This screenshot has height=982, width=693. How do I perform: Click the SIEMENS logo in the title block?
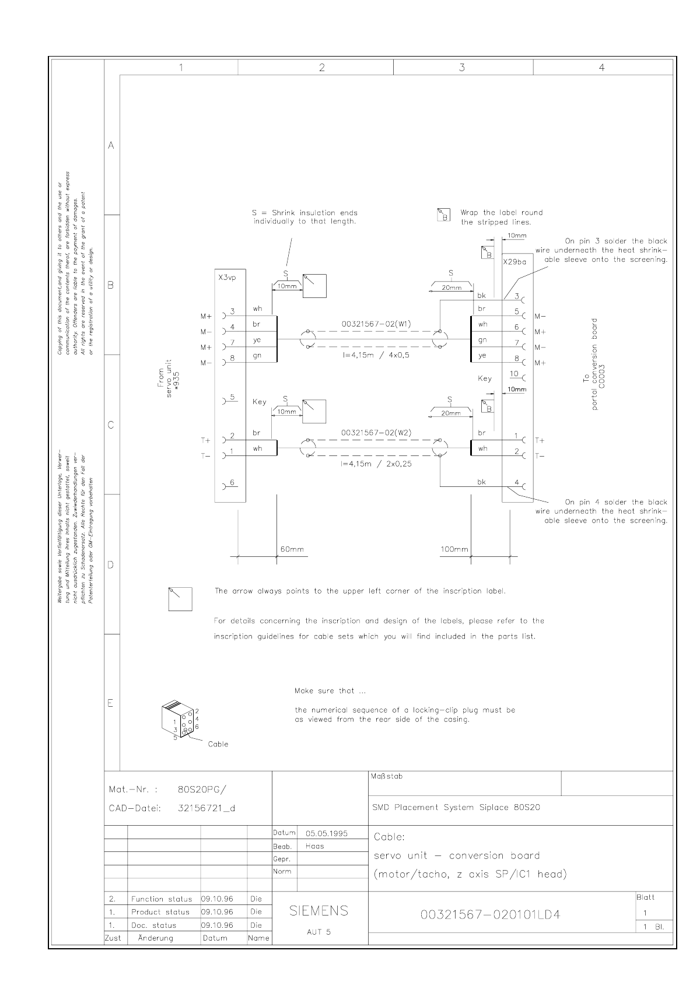tap(319, 911)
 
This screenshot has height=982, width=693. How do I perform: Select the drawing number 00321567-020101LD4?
tap(491, 914)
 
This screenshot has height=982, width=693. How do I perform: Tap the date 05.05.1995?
tap(327, 833)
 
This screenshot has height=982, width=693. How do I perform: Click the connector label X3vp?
tap(228, 278)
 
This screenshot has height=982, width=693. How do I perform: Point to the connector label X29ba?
tap(514, 262)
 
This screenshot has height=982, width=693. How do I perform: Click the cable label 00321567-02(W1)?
tap(377, 324)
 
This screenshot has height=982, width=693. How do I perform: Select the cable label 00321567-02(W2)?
tap(377, 433)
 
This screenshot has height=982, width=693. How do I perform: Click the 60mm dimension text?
tap(292, 549)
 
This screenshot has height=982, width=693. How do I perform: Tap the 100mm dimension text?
tap(454, 549)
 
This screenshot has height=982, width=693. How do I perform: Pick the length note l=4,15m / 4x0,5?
tap(376, 355)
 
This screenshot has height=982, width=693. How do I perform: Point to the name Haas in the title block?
tap(315, 846)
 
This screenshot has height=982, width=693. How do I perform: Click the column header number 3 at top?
tap(462, 68)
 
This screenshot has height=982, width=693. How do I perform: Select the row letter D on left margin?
tap(111, 565)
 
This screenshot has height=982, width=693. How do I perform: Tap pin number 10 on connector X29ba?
tap(514, 374)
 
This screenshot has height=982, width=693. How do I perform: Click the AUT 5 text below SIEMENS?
tap(318, 932)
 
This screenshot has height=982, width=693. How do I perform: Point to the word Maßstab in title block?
tap(386, 777)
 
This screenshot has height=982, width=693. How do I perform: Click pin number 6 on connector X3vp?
tap(232, 482)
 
